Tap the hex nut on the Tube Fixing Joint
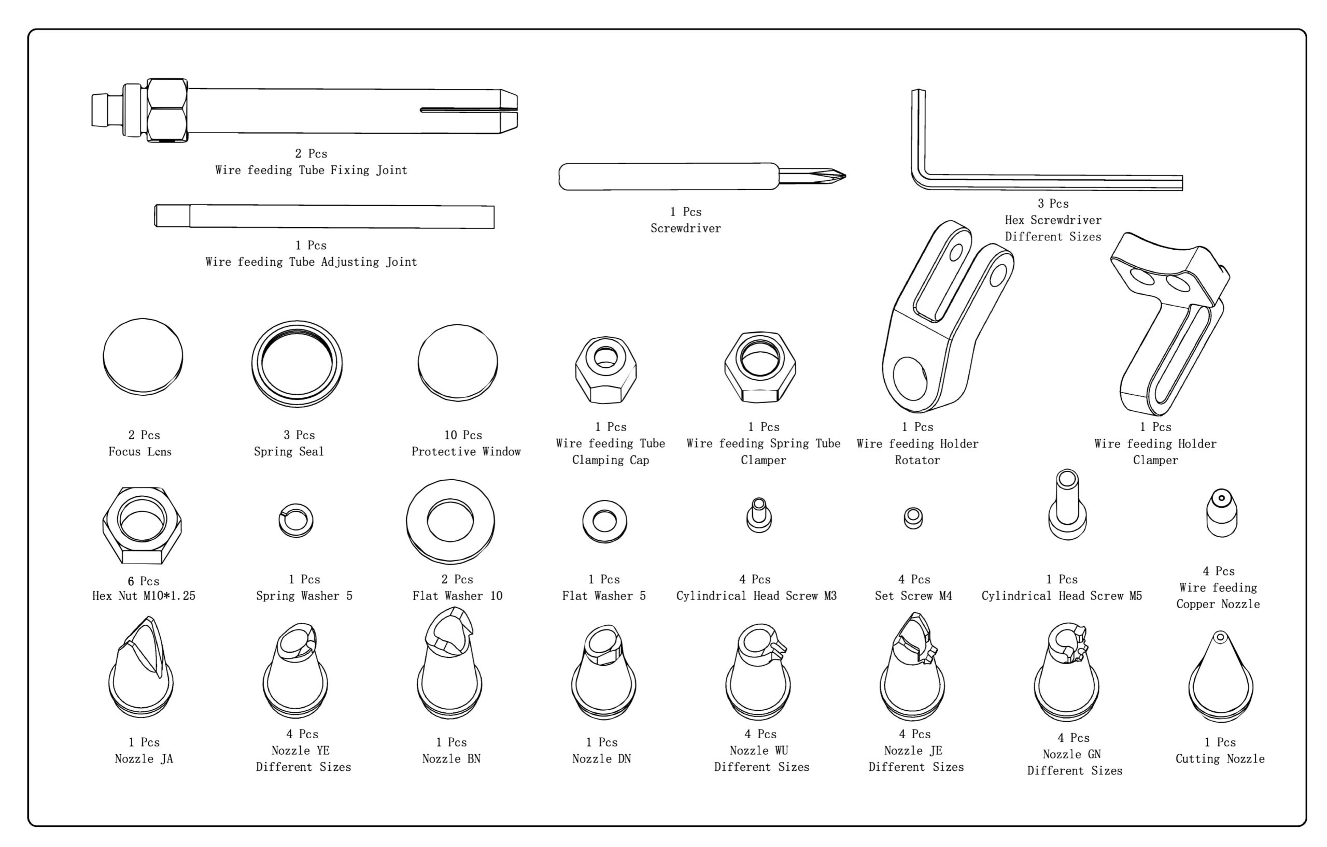point(167,110)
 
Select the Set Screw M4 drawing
point(913,518)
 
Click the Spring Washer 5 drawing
point(295,521)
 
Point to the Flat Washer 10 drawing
point(450,521)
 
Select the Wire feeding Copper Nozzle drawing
point(1221,513)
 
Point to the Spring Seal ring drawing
point(297,364)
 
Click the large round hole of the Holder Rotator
point(910,378)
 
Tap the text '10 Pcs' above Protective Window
point(463,435)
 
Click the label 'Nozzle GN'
point(1071,754)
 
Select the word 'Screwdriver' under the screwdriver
point(686,228)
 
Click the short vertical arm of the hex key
point(918,132)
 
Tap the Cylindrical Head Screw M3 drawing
point(758,515)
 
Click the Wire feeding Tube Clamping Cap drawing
point(605,370)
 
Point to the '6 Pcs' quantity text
point(143,581)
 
